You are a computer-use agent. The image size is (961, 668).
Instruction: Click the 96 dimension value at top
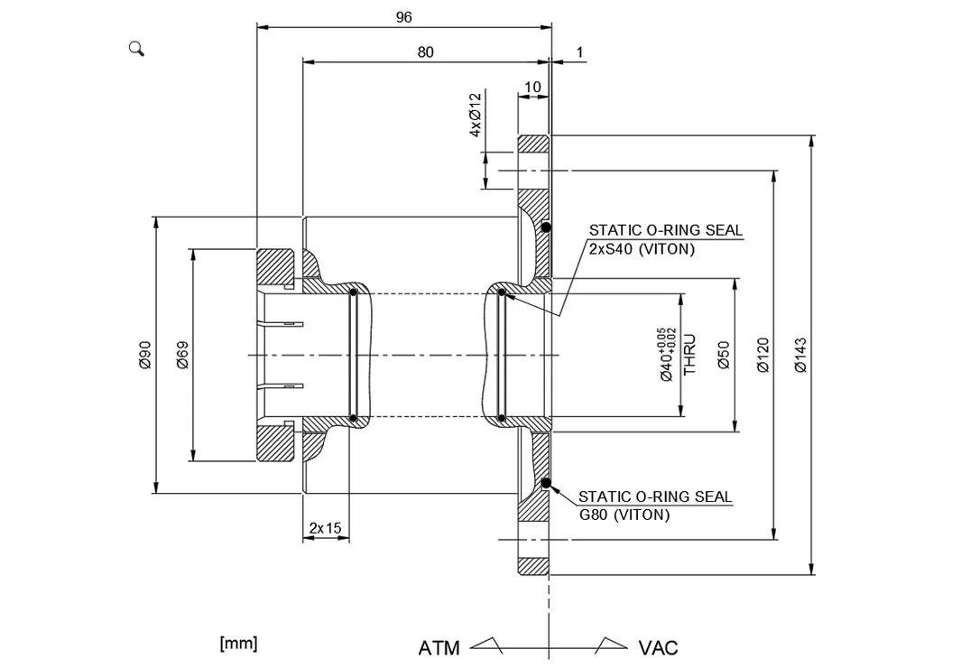(404, 17)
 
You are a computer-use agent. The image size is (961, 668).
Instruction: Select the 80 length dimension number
(425, 52)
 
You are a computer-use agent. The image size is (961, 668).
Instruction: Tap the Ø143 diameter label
(800, 356)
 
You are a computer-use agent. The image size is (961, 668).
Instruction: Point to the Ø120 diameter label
(762, 356)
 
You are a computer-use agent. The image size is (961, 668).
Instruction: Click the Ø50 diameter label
(724, 356)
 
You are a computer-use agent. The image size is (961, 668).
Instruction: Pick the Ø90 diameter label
(144, 356)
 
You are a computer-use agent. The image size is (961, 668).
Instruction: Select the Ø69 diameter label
(182, 356)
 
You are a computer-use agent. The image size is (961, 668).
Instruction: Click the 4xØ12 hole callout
(476, 116)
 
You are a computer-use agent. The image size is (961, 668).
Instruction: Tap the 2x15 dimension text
(326, 528)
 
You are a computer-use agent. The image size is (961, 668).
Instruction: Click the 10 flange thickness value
(532, 87)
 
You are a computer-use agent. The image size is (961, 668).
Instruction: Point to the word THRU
(689, 355)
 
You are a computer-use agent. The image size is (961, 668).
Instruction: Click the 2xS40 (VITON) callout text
(642, 249)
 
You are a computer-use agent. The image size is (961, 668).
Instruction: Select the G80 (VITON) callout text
(624, 515)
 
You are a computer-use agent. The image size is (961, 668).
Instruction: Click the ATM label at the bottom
(439, 648)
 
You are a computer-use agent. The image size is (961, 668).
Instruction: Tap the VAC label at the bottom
(658, 648)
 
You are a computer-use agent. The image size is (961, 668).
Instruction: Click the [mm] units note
(238, 644)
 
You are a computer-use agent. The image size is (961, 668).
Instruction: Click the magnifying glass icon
(136, 49)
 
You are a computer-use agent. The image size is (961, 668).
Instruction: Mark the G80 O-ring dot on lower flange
(546, 484)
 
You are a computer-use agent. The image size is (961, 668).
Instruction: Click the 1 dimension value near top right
(580, 52)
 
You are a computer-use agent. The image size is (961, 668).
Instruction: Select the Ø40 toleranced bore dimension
(667, 355)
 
